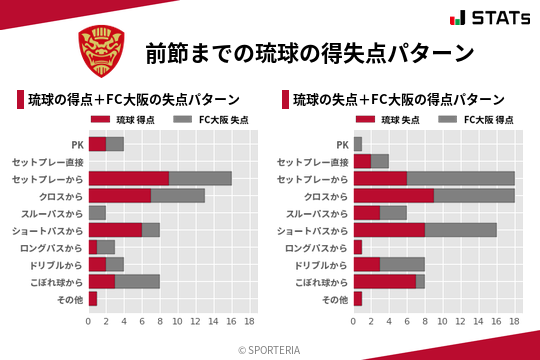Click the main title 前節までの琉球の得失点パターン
tap(309, 53)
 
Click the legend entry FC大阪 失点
tap(212, 120)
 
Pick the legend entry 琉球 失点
tap(386, 120)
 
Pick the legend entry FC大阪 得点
tap(477, 120)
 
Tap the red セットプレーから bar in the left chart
tap(128, 178)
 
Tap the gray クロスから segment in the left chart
tap(178, 195)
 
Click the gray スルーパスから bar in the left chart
tap(97, 212)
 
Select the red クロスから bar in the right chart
tap(393, 195)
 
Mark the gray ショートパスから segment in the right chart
tap(460, 230)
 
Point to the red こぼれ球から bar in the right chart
tap(384, 281)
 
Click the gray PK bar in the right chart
tap(357, 144)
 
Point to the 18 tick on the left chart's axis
tap(250, 321)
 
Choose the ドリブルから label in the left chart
tap(55, 264)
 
